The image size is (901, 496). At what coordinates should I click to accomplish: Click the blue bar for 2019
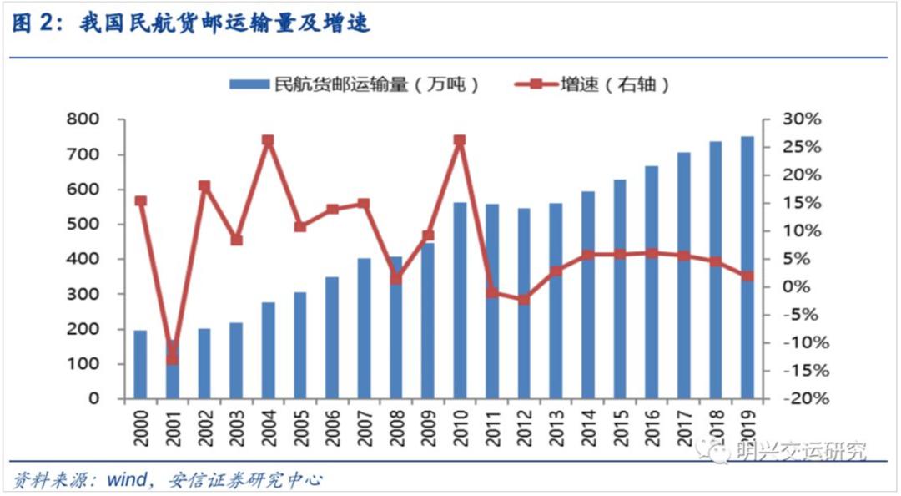click(747, 267)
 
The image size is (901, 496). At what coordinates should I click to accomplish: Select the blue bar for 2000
click(140, 364)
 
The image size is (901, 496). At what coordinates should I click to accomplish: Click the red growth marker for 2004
click(268, 141)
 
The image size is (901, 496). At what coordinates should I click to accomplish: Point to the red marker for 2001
click(172, 359)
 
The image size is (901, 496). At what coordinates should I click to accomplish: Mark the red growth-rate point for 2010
click(460, 141)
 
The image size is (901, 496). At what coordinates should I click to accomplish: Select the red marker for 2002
click(204, 186)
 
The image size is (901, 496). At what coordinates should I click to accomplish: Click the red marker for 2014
click(588, 256)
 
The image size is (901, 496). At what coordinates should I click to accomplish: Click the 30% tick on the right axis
click(803, 119)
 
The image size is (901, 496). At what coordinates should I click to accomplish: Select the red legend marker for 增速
click(536, 84)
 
